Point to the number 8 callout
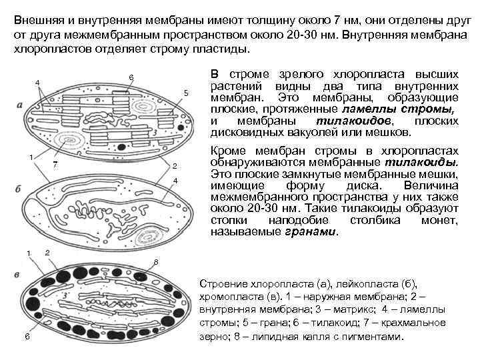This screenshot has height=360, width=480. pyautogui.click(x=156, y=261)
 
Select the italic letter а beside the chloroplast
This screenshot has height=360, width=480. pyautogui.click(x=19, y=105)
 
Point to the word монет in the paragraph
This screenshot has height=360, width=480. pyautogui.click(x=441, y=219)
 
